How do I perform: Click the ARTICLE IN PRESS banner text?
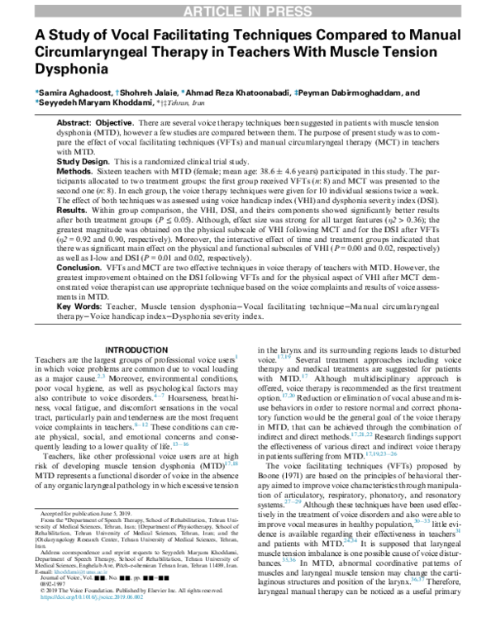pyautogui.click(x=248, y=9)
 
